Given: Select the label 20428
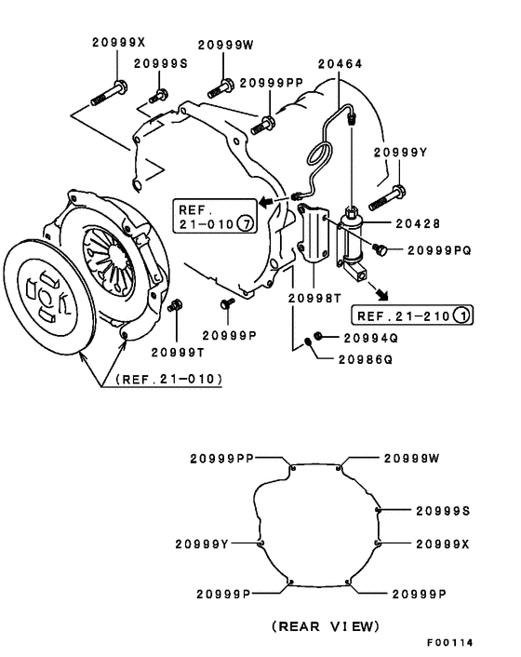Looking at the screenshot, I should pos(416,223).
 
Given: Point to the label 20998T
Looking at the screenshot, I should pos(312,297).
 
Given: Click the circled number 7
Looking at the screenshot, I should pos(244,224).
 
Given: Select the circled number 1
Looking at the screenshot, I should pos(462,315).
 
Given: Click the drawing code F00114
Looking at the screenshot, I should pos(451,643).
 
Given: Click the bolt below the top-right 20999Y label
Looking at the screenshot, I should pos(389,196).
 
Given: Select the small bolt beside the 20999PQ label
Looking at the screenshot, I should pos(380,248).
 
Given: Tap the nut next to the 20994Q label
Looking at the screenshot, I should pos(319,335).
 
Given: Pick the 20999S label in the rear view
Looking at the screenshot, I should pos(442,511).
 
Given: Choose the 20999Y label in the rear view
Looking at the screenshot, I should pos(203,543).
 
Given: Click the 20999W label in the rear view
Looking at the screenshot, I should pos(410,458).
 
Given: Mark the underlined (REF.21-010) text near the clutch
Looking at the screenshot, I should pos(168,379).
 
